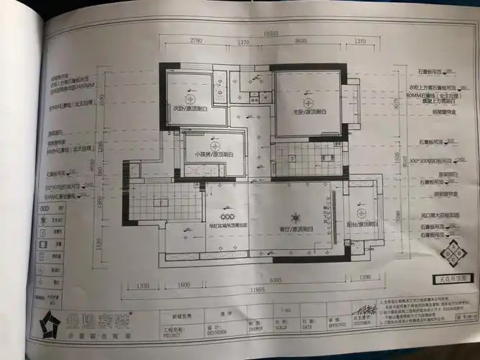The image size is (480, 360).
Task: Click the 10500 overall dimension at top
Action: pyautogui.click(x=271, y=33)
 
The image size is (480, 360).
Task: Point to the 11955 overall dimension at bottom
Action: pyautogui.click(x=249, y=290)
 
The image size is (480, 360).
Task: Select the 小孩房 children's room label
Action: pyautogui.click(x=209, y=154)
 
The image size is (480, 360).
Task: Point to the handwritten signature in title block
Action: pyautogui.click(x=368, y=312)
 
